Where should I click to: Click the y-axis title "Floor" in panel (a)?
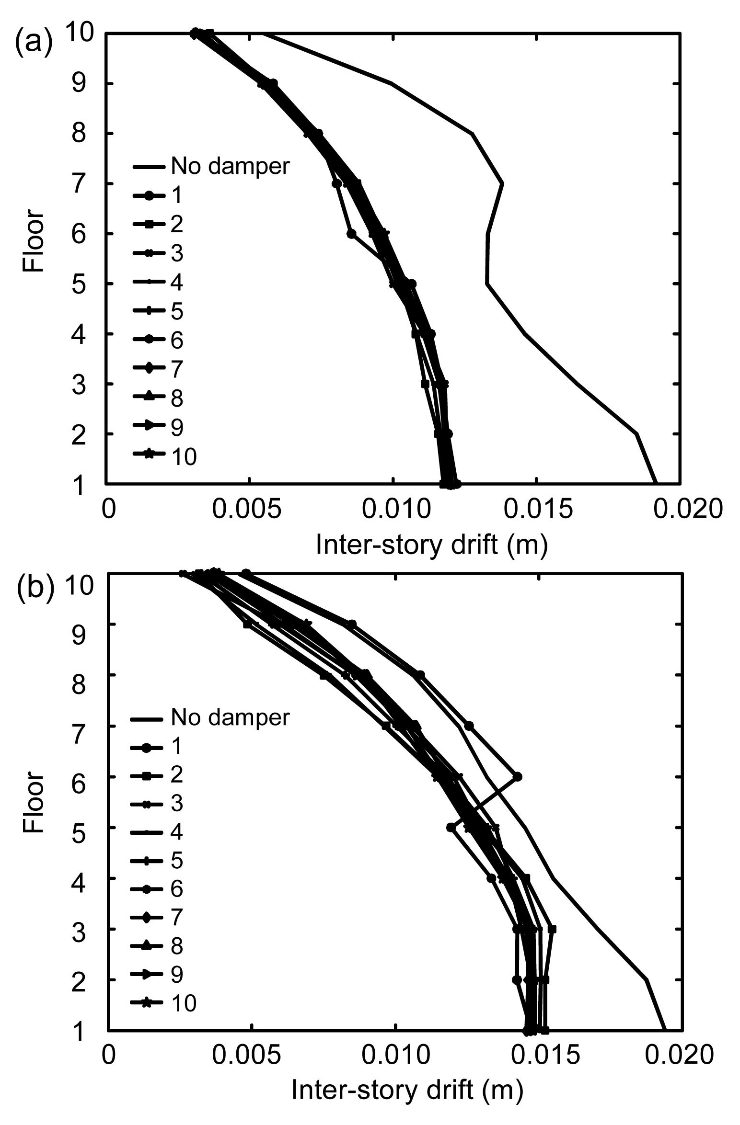34,242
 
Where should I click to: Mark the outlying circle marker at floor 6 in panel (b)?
517,777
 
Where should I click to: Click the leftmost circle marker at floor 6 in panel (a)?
351,234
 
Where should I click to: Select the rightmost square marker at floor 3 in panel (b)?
552,929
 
